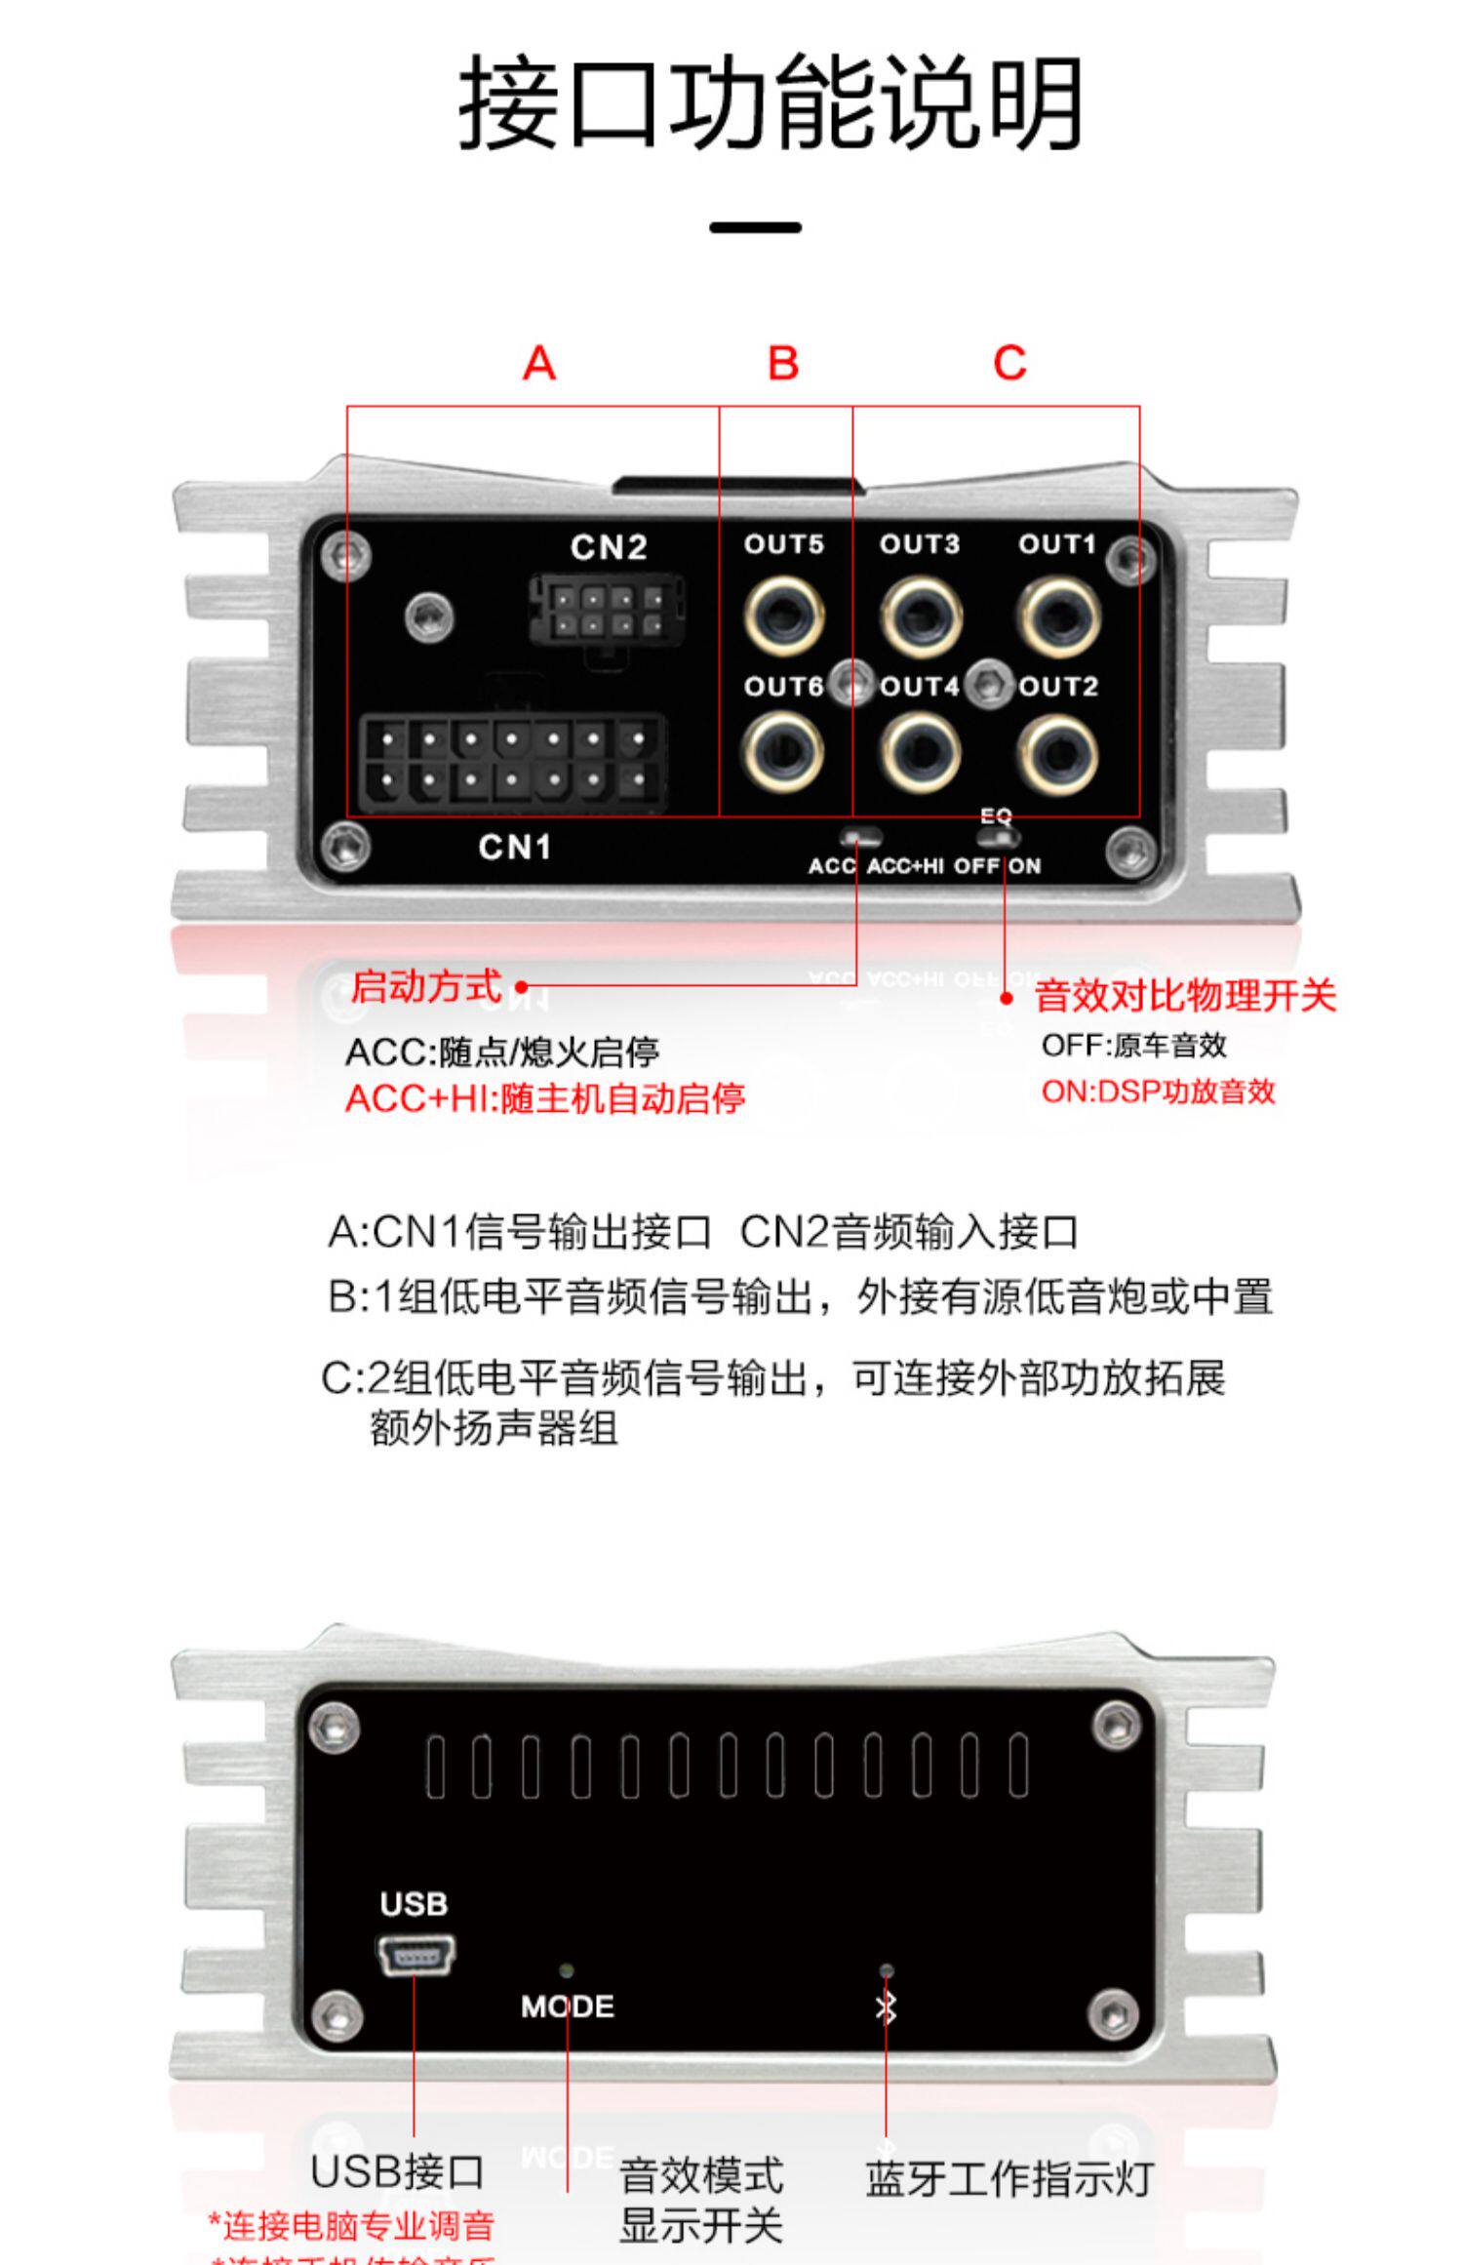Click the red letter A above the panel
point(539,364)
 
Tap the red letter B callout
point(783,364)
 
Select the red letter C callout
point(1009,364)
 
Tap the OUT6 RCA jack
point(783,753)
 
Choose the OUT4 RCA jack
point(921,753)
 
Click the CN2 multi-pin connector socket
point(607,610)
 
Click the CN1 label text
point(514,847)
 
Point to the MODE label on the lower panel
point(567,2007)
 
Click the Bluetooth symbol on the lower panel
point(886,2007)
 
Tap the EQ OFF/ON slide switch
point(998,838)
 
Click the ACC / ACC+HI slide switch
point(861,837)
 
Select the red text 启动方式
point(426,986)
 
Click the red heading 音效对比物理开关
point(1185,996)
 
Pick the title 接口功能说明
point(771,102)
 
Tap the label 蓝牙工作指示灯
point(1009,2179)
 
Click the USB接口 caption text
point(397,2171)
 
